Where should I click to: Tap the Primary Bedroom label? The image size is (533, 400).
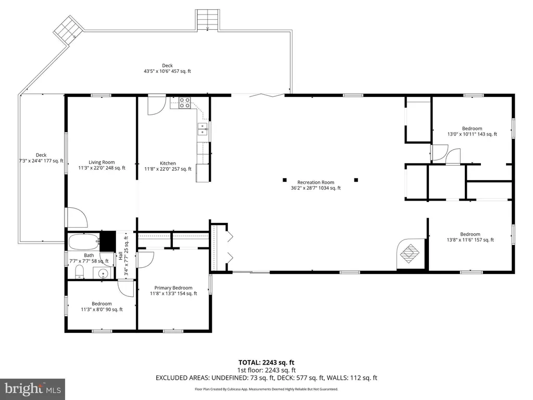173,291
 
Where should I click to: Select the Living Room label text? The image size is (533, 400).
101,165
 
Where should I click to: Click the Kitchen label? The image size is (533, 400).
168,166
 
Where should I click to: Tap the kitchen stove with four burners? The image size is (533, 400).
185,103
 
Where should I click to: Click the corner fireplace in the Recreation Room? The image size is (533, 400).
411,254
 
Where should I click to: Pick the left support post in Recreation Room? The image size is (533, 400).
285,180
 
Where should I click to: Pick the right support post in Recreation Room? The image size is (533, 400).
356,180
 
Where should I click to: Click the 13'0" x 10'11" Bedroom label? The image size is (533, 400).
472,131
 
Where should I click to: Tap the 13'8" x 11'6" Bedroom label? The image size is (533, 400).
470,237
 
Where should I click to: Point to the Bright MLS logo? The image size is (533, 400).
32,389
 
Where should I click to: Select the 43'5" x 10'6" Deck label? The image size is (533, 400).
167,68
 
